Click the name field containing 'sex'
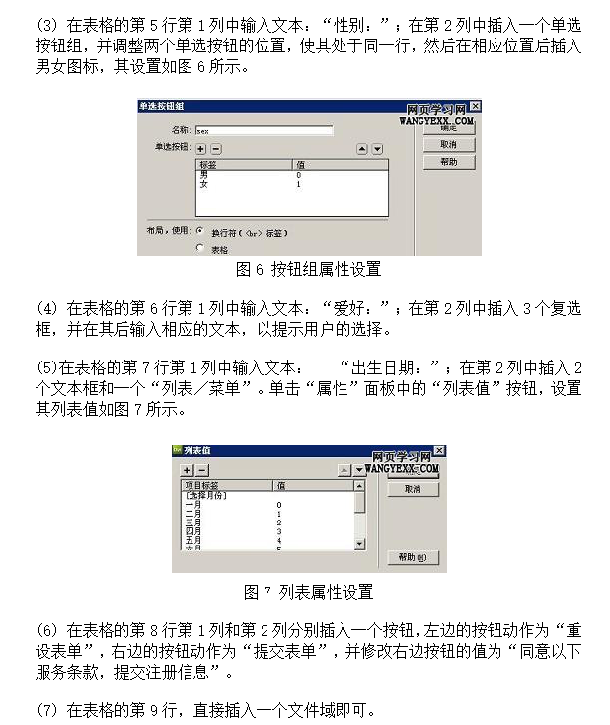263,129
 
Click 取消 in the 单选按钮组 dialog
448,144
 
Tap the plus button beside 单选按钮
200,148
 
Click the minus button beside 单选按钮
216,148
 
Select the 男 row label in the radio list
203,175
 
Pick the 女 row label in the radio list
203,185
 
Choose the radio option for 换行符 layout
199,232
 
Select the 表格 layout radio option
199,249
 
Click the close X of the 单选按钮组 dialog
475,106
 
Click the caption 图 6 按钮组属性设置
308,269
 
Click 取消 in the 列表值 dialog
412,489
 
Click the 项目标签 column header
202,485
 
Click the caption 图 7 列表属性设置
308,593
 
